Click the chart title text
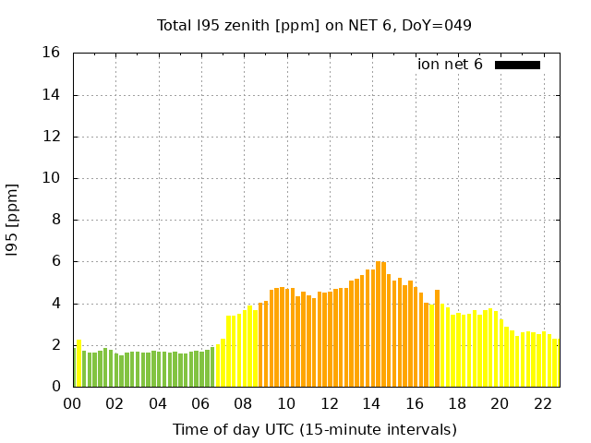coord(315,25)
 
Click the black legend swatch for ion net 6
coord(517,65)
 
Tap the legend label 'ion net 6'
coord(450,65)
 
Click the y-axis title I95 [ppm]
coord(13,221)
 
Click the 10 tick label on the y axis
coord(53,179)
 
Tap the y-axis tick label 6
coord(56,262)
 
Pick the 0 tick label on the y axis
coord(56,387)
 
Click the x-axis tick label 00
coord(73,403)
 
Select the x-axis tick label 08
coord(244,403)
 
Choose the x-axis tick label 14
coord(371,403)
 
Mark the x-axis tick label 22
coord(542,403)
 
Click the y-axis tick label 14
coord(53,95)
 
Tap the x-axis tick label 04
coord(158,403)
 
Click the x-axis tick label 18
coord(456,403)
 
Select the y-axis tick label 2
coord(56,345)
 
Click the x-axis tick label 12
coord(329,403)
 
